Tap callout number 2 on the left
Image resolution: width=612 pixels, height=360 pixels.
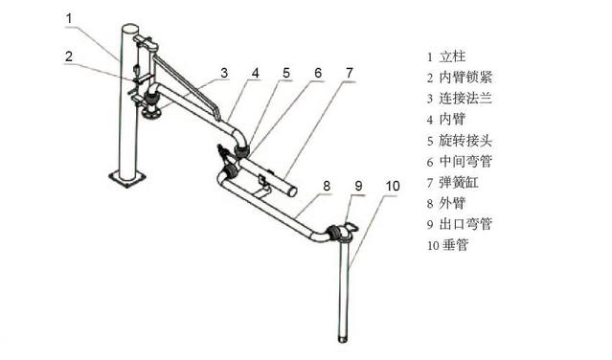click(69, 56)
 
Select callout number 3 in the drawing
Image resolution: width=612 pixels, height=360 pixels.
click(223, 72)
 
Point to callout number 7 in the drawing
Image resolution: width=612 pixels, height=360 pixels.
click(350, 72)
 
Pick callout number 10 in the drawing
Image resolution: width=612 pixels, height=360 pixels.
click(393, 185)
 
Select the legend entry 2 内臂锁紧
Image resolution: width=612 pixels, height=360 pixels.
click(466, 78)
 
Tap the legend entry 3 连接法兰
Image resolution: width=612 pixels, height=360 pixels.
click(466, 99)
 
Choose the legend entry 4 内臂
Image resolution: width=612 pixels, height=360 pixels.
click(456, 120)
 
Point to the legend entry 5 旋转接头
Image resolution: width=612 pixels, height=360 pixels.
click(466, 141)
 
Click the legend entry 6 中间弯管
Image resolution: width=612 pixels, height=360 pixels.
click(466, 162)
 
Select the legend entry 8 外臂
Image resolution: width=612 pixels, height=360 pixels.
click(456, 204)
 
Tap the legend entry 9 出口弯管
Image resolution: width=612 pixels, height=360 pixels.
click(466, 225)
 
